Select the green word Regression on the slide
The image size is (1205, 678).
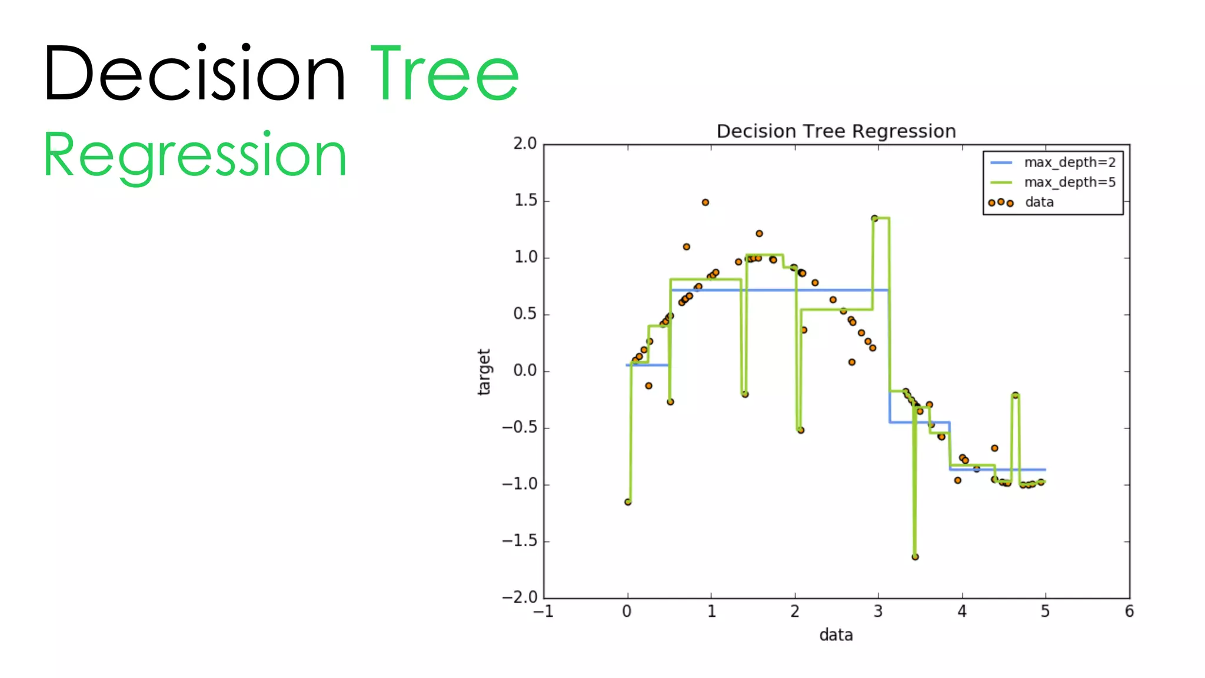pyautogui.click(x=195, y=155)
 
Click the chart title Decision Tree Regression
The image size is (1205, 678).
pyautogui.click(x=835, y=131)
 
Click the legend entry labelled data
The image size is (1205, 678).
pyautogui.click(x=1039, y=202)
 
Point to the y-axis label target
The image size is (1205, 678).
pyautogui.click(x=484, y=371)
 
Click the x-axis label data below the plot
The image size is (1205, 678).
pyautogui.click(x=835, y=635)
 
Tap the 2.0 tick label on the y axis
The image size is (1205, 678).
pyautogui.click(x=525, y=144)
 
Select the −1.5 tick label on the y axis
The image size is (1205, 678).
pyautogui.click(x=520, y=541)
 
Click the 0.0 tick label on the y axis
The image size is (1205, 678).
pyautogui.click(x=525, y=371)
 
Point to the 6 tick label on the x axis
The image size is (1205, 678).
pyautogui.click(x=1129, y=612)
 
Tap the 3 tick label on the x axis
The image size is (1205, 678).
pyautogui.click(x=878, y=612)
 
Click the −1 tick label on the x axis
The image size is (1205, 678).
pyautogui.click(x=543, y=612)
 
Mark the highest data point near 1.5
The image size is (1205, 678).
pyautogui.click(x=705, y=202)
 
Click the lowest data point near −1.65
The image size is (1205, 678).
pyautogui.click(x=915, y=557)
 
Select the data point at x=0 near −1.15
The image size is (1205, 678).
pyautogui.click(x=628, y=502)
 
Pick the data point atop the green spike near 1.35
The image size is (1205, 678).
pyautogui.click(x=874, y=218)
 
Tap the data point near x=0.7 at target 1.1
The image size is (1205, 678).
pyautogui.click(x=686, y=247)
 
